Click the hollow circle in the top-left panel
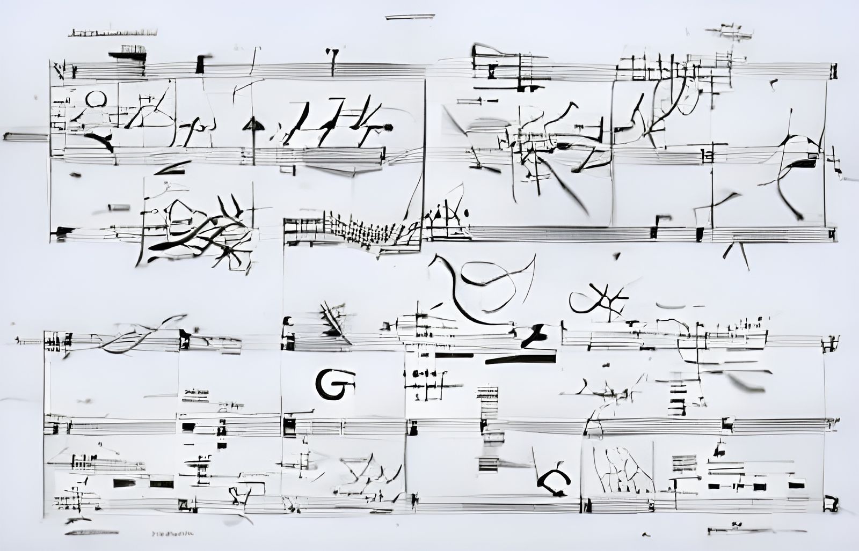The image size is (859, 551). tap(96, 99)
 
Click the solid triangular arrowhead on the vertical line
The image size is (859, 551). tap(253, 126)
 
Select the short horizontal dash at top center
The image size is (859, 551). tap(410, 17)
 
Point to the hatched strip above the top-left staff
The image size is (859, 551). tap(113, 33)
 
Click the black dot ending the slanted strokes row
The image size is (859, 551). tap(388, 127)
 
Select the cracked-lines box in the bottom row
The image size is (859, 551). tap(617, 468)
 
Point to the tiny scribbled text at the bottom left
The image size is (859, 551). tap(173, 534)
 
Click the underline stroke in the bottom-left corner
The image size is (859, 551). tap(91, 532)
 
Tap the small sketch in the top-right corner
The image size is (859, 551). tap(729, 32)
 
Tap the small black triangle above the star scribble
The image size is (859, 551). tap(617, 256)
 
